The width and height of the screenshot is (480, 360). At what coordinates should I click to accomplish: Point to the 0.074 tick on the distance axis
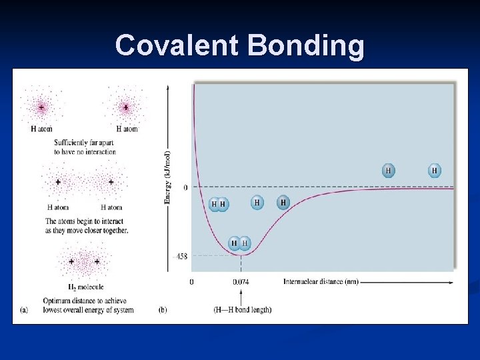(x=241, y=281)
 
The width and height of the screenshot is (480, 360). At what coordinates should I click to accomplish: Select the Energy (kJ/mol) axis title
(x=168, y=177)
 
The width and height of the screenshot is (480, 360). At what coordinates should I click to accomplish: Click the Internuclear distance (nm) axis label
(x=321, y=281)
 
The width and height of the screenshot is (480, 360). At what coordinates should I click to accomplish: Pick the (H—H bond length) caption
(x=243, y=310)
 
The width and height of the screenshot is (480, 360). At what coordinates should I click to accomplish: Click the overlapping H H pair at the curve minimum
(x=239, y=243)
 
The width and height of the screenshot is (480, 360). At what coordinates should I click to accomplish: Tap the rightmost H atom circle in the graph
(x=434, y=171)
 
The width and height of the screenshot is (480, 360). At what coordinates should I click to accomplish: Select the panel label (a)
(x=25, y=310)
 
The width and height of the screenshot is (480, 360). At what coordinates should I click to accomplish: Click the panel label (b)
(x=163, y=310)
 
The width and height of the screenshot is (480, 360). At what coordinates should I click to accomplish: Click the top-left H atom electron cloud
(x=41, y=107)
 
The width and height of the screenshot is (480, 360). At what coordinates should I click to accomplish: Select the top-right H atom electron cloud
(x=125, y=107)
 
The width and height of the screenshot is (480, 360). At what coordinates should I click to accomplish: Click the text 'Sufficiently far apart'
(x=85, y=143)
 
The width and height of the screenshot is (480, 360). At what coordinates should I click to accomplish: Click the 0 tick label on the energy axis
(x=185, y=187)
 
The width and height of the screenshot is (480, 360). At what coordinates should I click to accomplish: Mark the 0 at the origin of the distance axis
(x=192, y=281)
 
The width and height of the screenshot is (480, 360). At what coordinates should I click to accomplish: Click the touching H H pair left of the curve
(x=218, y=203)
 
